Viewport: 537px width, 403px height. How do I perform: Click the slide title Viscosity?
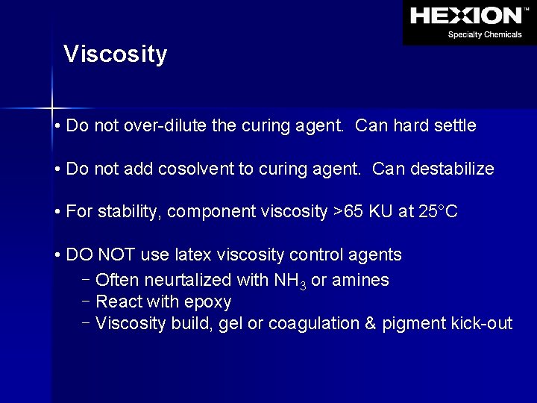[x=116, y=54]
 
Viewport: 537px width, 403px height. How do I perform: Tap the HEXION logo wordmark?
[x=466, y=16]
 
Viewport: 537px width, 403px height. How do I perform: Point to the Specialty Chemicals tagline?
[x=485, y=34]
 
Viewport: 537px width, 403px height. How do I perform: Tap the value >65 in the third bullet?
[x=347, y=212]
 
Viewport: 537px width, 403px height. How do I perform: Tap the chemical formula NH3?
[x=285, y=281]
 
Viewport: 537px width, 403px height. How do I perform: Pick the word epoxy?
[x=209, y=303]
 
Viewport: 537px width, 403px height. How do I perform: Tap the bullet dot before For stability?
[x=57, y=213]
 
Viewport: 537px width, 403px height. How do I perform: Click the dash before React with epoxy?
[x=86, y=302]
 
